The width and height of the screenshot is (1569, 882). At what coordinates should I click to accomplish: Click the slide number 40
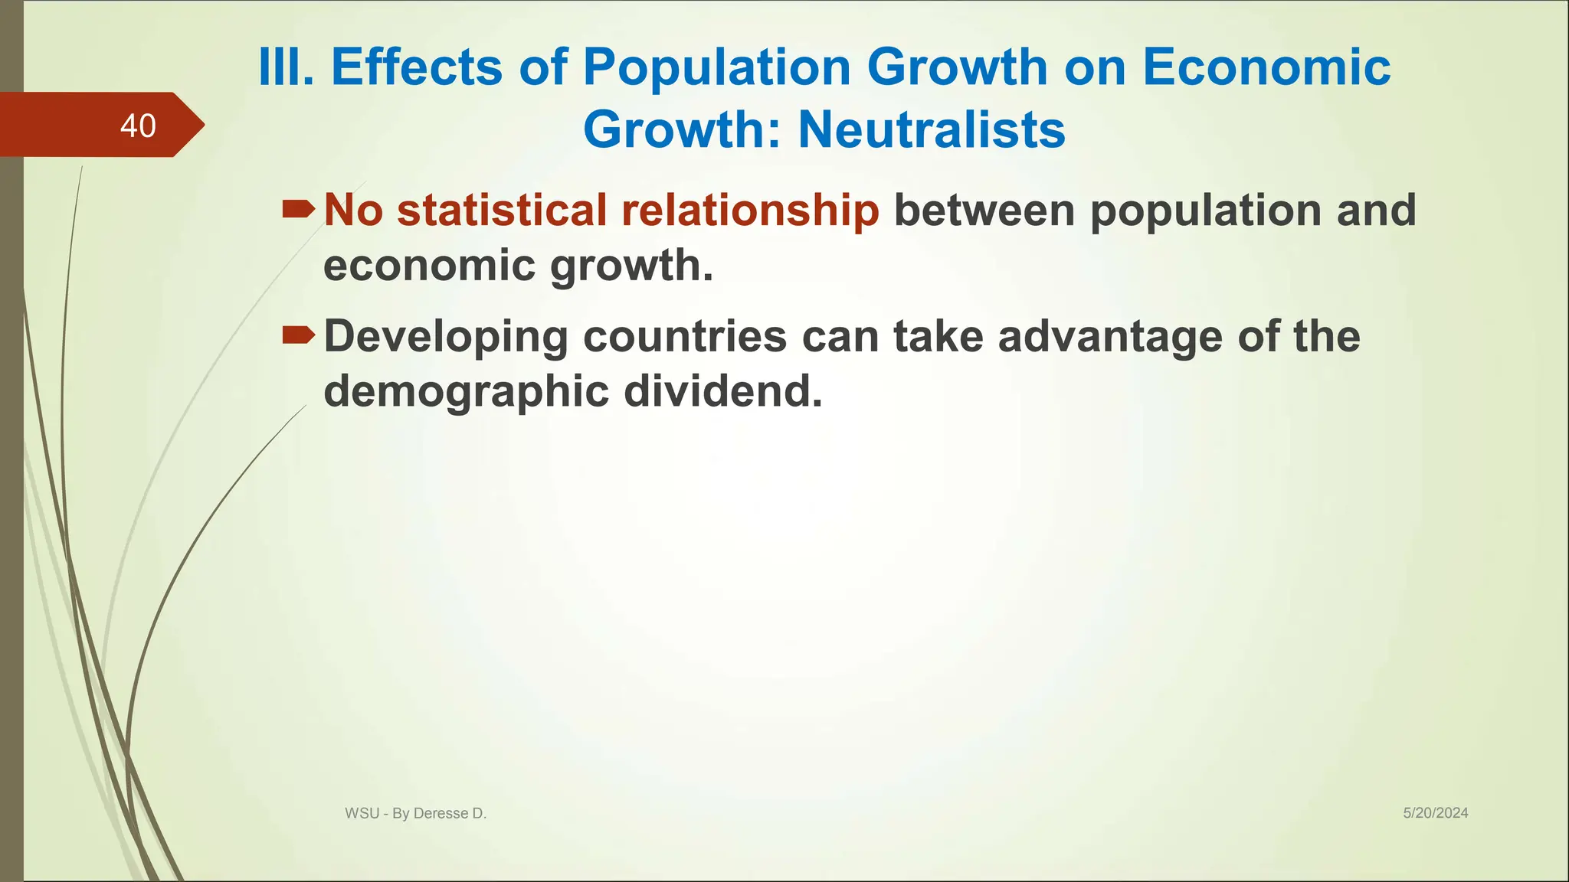(x=138, y=126)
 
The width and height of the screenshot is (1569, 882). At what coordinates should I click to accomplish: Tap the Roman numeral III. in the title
(x=286, y=67)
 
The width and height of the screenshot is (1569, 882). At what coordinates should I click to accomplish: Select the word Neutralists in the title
(x=931, y=129)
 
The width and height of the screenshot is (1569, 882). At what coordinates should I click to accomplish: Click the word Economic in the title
(x=1266, y=67)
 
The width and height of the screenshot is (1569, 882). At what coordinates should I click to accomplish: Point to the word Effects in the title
(x=417, y=67)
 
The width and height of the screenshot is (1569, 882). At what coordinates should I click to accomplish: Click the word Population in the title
(x=717, y=67)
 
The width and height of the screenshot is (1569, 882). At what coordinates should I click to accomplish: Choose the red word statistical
(x=502, y=210)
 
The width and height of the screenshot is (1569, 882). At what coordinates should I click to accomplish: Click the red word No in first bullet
(x=353, y=210)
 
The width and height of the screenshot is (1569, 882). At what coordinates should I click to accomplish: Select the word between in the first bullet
(x=984, y=210)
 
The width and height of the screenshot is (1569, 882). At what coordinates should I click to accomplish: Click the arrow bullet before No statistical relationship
(x=298, y=208)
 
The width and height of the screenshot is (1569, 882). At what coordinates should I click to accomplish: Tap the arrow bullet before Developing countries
(x=298, y=335)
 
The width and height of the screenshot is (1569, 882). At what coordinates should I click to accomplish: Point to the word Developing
(x=446, y=337)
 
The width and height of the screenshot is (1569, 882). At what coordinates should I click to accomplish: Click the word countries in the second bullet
(x=685, y=336)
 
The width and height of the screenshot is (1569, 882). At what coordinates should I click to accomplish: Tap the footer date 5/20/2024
(x=1435, y=813)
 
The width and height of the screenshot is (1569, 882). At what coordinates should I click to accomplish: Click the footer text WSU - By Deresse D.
(x=415, y=814)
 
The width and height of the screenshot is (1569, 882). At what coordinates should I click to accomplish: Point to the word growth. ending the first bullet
(x=631, y=266)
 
